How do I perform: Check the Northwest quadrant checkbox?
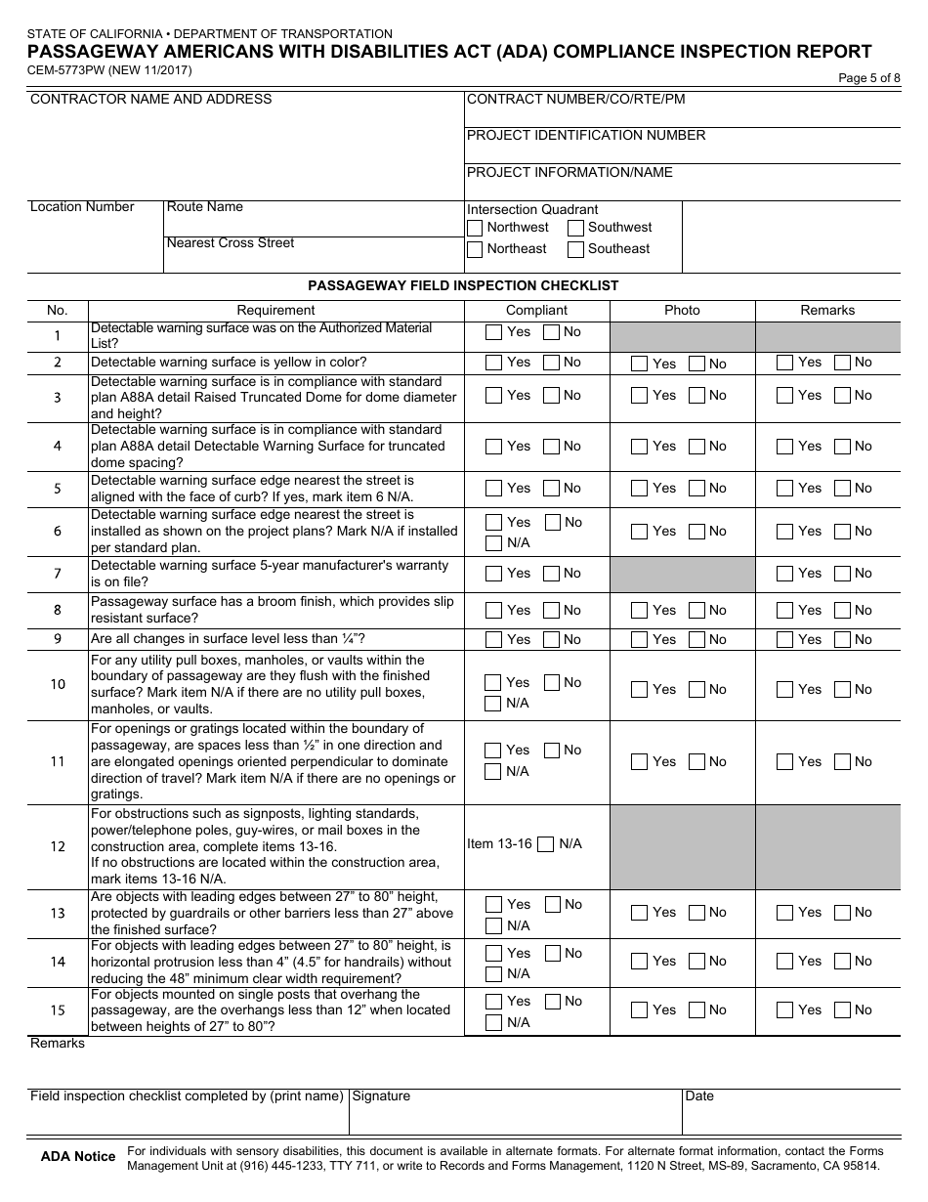click(475, 228)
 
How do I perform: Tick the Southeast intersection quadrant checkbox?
click(576, 249)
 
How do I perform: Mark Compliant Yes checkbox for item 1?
click(494, 332)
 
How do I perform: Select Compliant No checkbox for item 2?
click(552, 363)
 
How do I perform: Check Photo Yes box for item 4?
click(640, 447)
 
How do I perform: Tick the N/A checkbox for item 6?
click(494, 543)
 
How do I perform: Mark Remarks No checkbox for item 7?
click(843, 574)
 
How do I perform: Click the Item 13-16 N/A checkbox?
click(547, 844)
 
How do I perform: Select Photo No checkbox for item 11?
click(697, 762)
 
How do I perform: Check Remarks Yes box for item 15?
click(785, 1010)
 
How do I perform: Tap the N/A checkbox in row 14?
click(494, 974)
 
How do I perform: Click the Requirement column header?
click(276, 311)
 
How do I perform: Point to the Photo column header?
click(682, 311)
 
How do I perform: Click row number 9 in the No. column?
click(58, 640)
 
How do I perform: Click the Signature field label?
click(381, 1096)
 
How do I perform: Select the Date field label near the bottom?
click(699, 1096)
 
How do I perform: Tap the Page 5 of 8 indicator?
click(869, 79)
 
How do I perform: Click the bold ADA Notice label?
click(78, 1157)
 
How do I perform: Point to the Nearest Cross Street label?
click(231, 243)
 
